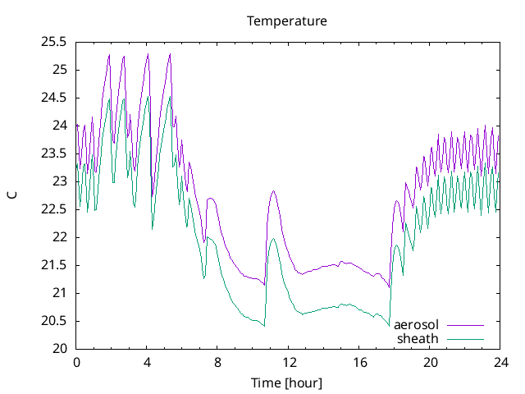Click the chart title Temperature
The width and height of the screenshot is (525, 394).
[x=287, y=21]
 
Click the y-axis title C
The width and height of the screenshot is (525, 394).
[x=12, y=195]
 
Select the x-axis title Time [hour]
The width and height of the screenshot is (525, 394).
[x=286, y=383]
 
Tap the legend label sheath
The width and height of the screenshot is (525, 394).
[x=418, y=338]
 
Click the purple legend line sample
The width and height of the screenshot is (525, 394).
[x=465, y=325]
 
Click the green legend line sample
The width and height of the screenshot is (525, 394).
[x=465, y=338]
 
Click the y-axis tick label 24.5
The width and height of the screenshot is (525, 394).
[x=54, y=97]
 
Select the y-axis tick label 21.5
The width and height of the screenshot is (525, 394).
[x=54, y=265]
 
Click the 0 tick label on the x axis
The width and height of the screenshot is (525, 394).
[x=76, y=362]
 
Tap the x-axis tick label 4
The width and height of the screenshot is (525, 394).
[x=148, y=362]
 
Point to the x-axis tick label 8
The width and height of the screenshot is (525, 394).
[x=218, y=362]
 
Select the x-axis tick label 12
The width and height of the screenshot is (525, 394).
[x=289, y=362]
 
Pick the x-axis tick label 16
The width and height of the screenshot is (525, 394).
[x=359, y=362]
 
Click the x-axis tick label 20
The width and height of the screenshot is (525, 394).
[x=431, y=362]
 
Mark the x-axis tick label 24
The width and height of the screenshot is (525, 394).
[x=501, y=362]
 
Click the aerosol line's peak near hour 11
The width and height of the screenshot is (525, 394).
[x=273, y=190]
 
